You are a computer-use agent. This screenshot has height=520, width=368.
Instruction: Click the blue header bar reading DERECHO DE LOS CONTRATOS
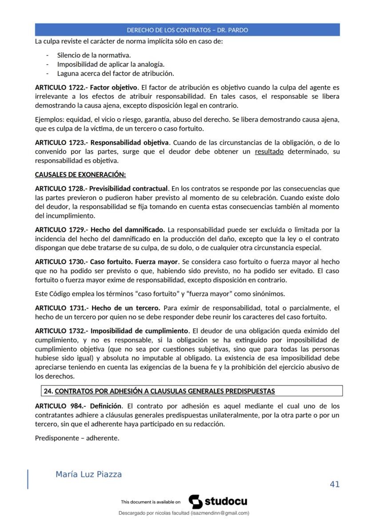point(187,30)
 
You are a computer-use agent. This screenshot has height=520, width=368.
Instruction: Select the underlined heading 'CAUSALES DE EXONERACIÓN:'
point(80,175)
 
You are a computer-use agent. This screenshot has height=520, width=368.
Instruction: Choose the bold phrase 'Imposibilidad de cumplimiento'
point(139,330)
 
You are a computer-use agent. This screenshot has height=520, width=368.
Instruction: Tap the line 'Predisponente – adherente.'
point(77,438)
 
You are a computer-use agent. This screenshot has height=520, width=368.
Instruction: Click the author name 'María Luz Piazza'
point(88,475)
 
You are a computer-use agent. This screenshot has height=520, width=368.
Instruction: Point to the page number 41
point(335,484)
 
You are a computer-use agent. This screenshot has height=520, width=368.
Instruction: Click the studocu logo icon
point(196,502)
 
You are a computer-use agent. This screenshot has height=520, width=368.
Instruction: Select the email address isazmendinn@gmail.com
point(220,513)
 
